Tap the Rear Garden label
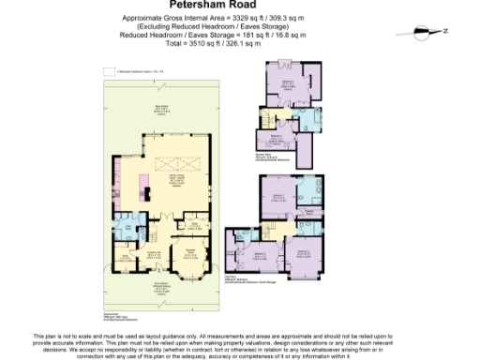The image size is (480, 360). (x=160, y=108)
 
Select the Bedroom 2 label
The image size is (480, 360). (x=305, y=252)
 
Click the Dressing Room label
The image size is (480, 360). (x=308, y=214)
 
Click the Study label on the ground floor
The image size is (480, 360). (x=124, y=254)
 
